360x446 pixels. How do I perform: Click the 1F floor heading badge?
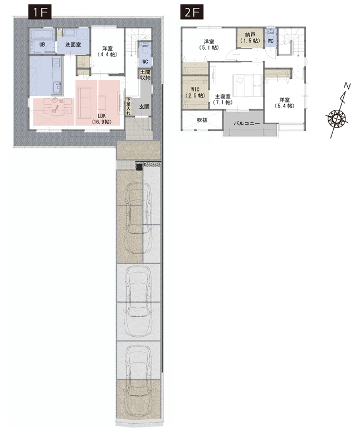40,12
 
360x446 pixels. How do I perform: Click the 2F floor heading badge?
192,12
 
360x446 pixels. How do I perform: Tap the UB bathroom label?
42,45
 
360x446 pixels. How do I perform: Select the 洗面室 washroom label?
73,45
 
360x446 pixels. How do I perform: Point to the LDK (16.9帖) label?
101,119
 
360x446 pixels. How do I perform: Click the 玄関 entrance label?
144,106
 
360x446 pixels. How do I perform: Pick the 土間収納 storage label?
145,75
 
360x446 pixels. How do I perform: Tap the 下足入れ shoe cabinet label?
128,106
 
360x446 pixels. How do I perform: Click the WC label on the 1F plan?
145,62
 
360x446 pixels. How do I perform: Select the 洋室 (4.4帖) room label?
107,51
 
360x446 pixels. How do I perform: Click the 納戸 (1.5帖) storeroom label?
250,38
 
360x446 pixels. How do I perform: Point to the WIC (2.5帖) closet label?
195,93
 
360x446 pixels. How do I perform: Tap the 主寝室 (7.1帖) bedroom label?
222,100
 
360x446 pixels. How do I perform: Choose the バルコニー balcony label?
246,124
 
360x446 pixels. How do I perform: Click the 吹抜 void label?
202,120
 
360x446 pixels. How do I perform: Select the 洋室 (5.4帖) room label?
284,103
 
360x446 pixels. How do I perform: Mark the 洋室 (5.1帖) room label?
209,45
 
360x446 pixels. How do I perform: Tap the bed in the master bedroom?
247,85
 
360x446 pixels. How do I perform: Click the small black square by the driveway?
139,167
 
